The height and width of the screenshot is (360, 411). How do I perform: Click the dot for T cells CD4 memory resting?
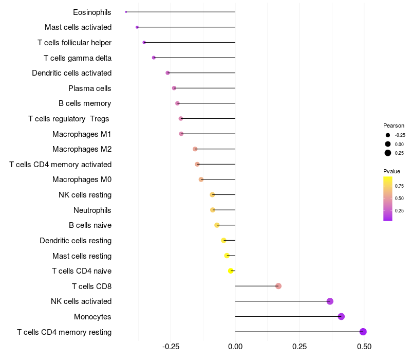coord(363,332)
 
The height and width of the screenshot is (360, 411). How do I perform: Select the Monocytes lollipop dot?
coord(341,316)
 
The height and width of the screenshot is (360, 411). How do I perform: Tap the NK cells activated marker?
coord(330,301)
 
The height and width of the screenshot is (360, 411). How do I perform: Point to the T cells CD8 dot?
coord(278,286)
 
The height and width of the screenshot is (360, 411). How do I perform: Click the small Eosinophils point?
coord(126,12)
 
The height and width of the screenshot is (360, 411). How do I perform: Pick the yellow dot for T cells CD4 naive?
coord(231,271)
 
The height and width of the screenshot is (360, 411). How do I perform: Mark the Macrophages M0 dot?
coord(201,179)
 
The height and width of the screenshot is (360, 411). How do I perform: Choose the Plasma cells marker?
coord(174,88)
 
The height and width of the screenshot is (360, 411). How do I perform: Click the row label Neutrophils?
coord(92,210)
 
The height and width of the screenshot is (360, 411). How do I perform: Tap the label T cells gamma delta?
coord(78,58)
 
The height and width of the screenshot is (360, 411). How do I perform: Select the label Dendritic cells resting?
coord(76,240)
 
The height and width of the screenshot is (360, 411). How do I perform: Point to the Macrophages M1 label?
coord(82,134)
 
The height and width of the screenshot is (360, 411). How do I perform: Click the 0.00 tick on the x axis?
coord(235,347)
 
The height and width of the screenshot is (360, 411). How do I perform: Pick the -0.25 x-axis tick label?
coord(171,347)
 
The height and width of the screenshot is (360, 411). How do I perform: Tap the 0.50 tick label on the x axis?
coord(364,347)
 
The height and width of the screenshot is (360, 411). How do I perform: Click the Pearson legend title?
coord(394,125)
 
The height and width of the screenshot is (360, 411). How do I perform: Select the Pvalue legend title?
coord(391,171)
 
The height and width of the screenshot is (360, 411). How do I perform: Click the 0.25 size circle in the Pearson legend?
coord(388,153)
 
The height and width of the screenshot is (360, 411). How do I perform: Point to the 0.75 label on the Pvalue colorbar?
coord(399,186)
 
